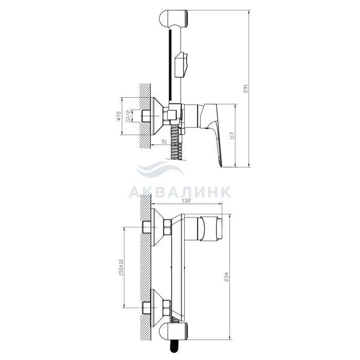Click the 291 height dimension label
(245, 88)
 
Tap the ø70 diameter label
(118, 116)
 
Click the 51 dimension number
(164, 141)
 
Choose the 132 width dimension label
(186, 201)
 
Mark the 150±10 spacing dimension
(121, 267)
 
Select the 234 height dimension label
(227, 277)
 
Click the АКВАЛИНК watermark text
(179, 192)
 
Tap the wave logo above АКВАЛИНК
(160, 169)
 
